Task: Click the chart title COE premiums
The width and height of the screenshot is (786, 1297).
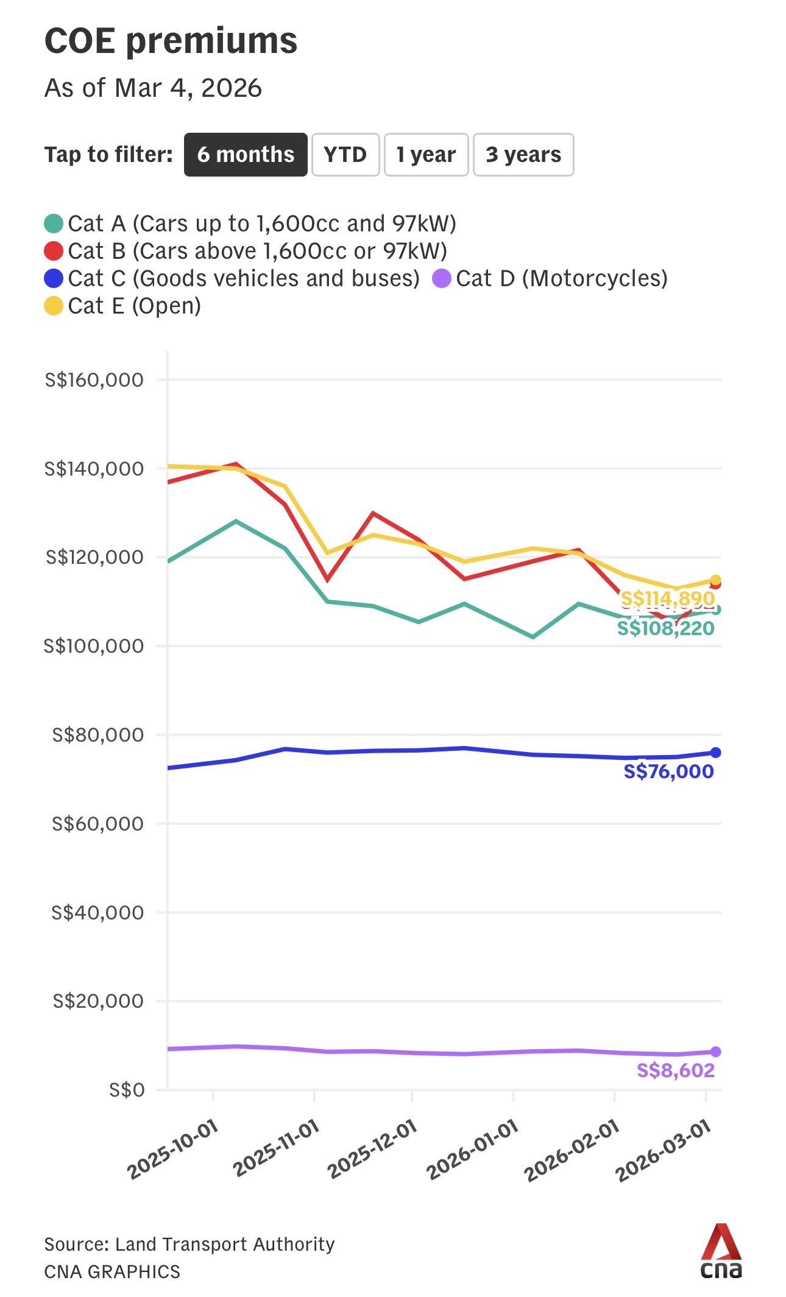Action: pyautogui.click(x=171, y=41)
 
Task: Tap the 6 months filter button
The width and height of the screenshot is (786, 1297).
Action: pyautogui.click(x=246, y=155)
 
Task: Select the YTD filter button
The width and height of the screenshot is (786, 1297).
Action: pyautogui.click(x=345, y=155)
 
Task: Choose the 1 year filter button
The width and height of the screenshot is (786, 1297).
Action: pyautogui.click(x=426, y=155)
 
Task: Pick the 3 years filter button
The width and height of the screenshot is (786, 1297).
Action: pyautogui.click(x=523, y=155)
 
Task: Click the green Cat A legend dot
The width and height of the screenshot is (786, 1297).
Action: pyautogui.click(x=54, y=223)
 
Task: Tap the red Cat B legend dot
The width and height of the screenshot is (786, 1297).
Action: pyautogui.click(x=54, y=251)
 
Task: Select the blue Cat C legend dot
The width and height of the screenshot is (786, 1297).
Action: pyautogui.click(x=54, y=278)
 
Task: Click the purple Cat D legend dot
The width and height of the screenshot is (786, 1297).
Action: pyautogui.click(x=441, y=278)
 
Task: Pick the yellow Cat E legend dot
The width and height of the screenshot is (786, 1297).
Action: pyautogui.click(x=54, y=306)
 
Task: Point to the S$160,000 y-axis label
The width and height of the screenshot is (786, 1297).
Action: pyautogui.click(x=94, y=380)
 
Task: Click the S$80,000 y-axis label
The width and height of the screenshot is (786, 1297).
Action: pyautogui.click(x=98, y=735)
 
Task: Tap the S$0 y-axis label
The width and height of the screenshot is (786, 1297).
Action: pyautogui.click(x=127, y=1089)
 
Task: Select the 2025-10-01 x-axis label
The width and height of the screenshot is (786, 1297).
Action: pyautogui.click(x=172, y=1150)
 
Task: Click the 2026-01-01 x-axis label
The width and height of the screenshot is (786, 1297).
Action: pyautogui.click(x=472, y=1150)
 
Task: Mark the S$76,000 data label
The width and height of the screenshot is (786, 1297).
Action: pyautogui.click(x=668, y=772)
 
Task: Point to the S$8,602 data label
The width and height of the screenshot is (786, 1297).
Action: pyautogui.click(x=675, y=1070)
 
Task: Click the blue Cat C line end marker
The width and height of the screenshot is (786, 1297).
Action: pyautogui.click(x=716, y=753)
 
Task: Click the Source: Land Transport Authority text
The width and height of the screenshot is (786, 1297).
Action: pyautogui.click(x=189, y=1244)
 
